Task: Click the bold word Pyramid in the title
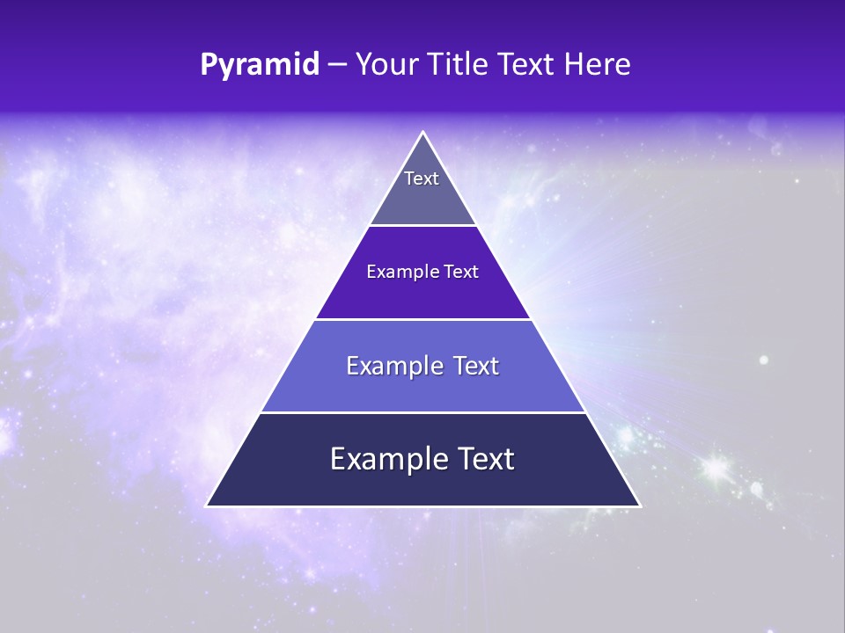coord(260,65)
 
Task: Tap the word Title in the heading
coord(464,65)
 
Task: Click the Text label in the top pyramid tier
coord(422,178)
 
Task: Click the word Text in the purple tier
coord(461,272)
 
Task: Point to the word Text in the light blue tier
coord(476,366)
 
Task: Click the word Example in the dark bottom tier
coord(385,459)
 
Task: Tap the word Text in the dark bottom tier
coord(484,459)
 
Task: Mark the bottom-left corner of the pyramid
coord(207,506)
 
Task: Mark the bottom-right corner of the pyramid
coord(640,506)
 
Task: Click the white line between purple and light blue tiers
coord(423,319)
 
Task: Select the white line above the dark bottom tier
coord(423,412)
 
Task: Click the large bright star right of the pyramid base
coord(714,466)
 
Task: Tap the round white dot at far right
coord(763,360)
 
